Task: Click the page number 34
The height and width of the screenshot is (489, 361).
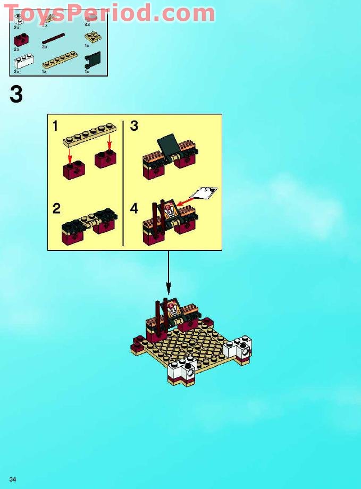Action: click(x=13, y=479)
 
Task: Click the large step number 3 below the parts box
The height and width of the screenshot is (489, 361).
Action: click(x=16, y=95)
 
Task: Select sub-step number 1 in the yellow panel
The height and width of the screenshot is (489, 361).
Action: click(x=55, y=127)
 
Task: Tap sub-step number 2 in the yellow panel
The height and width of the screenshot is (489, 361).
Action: click(x=56, y=208)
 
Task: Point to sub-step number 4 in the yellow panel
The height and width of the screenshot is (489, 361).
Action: click(x=134, y=208)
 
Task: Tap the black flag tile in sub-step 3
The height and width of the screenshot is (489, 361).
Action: click(x=167, y=143)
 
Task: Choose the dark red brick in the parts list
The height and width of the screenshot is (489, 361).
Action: click(x=22, y=39)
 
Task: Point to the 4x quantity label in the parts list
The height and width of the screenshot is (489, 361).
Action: click(x=87, y=24)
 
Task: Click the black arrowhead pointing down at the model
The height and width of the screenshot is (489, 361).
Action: click(x=169, y=291)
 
